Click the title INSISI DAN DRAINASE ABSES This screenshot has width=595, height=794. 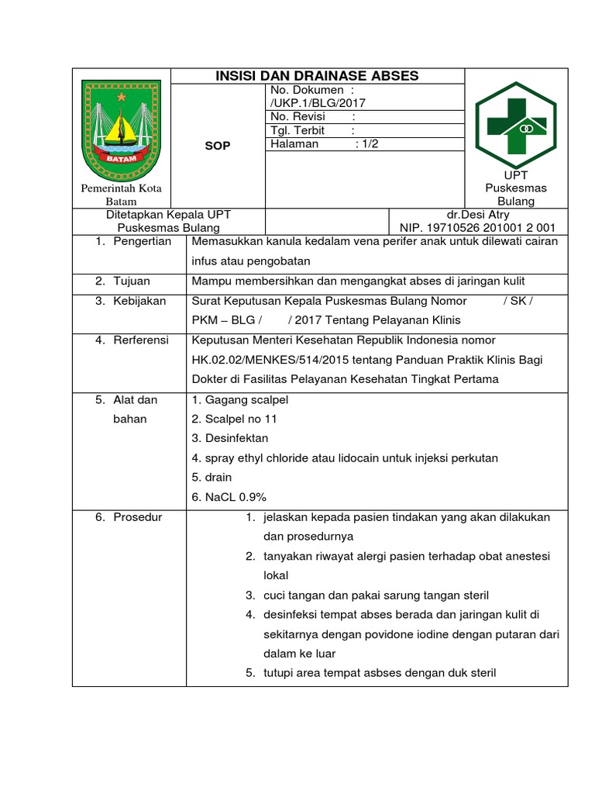[316, 75]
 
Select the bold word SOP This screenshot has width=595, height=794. [217, 146]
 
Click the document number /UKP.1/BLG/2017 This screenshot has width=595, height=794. [318, 102]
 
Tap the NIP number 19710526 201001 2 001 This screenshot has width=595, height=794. [477, 228]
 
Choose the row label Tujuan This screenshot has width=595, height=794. [131, 281]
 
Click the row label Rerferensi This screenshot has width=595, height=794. [141, 340]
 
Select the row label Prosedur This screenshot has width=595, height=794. [137, 517]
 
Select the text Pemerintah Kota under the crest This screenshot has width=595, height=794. [121, 188]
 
